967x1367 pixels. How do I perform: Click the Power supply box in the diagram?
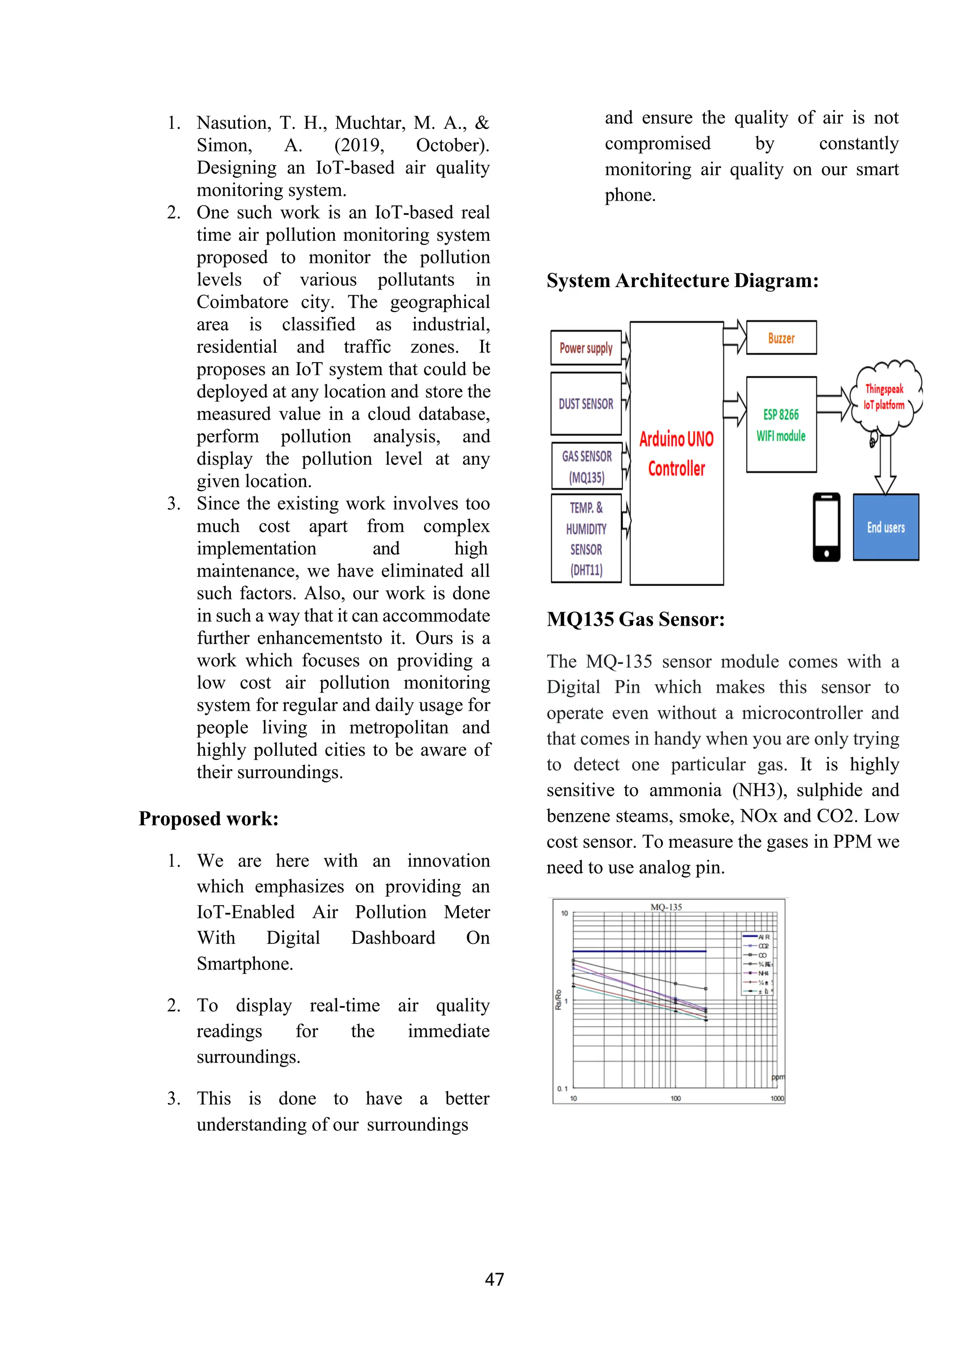(586, 348)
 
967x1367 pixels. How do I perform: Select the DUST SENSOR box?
(586, 404)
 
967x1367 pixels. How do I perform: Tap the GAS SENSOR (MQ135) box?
(586, 466)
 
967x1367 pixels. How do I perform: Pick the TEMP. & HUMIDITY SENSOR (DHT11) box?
(586, 538)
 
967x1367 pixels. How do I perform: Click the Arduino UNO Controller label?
(677, 454)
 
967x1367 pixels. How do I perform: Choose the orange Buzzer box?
(781, 338)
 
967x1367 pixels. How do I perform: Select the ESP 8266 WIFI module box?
(781, 425)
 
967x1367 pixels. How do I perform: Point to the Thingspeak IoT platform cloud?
(885, 397)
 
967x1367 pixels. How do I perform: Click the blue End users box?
(885, 527)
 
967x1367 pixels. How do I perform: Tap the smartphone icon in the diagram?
(826, 527)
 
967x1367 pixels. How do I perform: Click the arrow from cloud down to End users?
(885, 464)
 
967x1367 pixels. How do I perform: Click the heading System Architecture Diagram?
(682, 280)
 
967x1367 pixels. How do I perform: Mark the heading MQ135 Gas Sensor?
(636, 619)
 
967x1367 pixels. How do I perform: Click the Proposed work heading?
(208, 819)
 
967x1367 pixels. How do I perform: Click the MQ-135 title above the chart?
(666, 907)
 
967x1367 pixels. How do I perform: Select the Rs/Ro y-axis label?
(559, 1000)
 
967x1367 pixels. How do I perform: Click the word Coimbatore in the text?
(242, 302)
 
